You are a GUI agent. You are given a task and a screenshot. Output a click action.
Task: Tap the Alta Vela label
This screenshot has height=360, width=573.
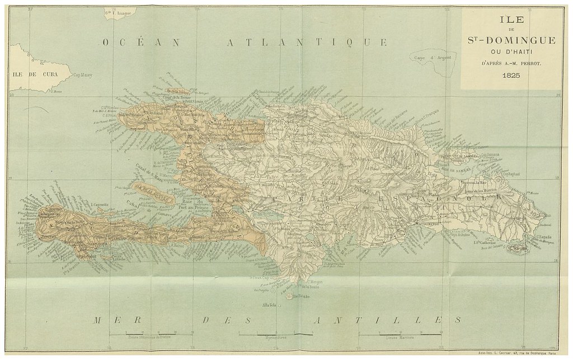coord(264,305)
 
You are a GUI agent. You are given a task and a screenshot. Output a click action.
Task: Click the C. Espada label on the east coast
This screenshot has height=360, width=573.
coord(544,238)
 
